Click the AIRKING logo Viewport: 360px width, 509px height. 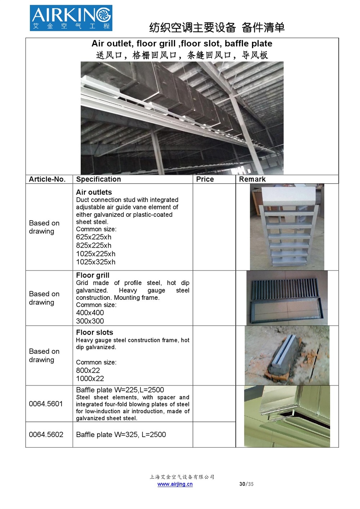(x=71, y=18)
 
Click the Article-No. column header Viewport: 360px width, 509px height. (x=47, y=179)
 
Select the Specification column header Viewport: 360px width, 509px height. (x=98, y=179)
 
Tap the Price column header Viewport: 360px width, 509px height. (x=205, y=179)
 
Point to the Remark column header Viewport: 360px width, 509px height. (x=252, y=179)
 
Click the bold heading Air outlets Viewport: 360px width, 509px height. (x=94, y=192)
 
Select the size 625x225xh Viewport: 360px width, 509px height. (x=94, y=237)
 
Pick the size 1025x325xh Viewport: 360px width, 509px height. (x=96, y=262)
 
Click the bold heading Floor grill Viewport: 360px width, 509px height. (x=93, y=275)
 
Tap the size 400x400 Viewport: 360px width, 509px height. (x=90, y=313)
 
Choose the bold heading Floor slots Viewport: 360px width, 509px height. (x=94, y=333)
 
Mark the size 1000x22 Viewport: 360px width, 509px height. (x=90, y=379)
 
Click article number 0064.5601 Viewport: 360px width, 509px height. (x=46, y=404)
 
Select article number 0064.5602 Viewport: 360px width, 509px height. (x=46, y=434)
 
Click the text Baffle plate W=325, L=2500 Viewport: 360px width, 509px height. (x=121, y=434)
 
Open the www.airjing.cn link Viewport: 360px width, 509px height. (x=175, y=484)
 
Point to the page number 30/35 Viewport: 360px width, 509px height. (x=246, y=484)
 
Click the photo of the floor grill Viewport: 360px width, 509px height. (x=287, y=298)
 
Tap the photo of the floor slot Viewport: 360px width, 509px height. (x=287, y=356)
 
